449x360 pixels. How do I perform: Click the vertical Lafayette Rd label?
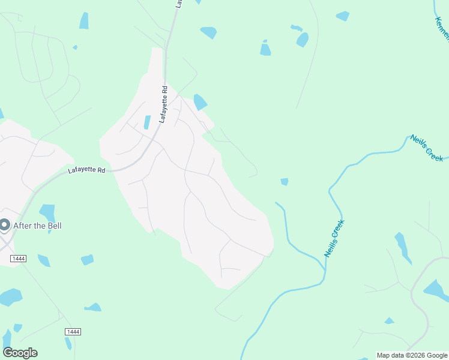[x=163, y=105]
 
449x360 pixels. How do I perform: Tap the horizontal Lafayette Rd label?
[x=86, y=170]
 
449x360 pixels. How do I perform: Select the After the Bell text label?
[x=37, y=226]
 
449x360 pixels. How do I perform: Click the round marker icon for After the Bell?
[x=5, y=226]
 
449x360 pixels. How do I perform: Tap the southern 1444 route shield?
[x=73, y=332]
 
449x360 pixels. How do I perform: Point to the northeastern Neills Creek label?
[x=427, y=148]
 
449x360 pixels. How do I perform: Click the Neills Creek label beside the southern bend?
[x=334, y=239]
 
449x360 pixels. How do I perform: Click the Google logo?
[x=20, y=353]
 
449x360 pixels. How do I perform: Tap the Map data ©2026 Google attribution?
[x=411, y=355]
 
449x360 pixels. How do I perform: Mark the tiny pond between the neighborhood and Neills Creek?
[x=284, y=181]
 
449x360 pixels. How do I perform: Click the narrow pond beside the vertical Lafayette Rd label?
[x=147, y=122]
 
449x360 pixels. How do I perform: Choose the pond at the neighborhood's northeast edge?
[x=200, y=102]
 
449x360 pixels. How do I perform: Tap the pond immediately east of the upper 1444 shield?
[x=43, y=260]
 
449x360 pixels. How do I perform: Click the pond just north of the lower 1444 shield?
[x=93, y=308]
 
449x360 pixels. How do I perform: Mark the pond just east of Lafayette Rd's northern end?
[x=208, y=32]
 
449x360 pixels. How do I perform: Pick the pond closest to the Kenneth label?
[x=343, y=16]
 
